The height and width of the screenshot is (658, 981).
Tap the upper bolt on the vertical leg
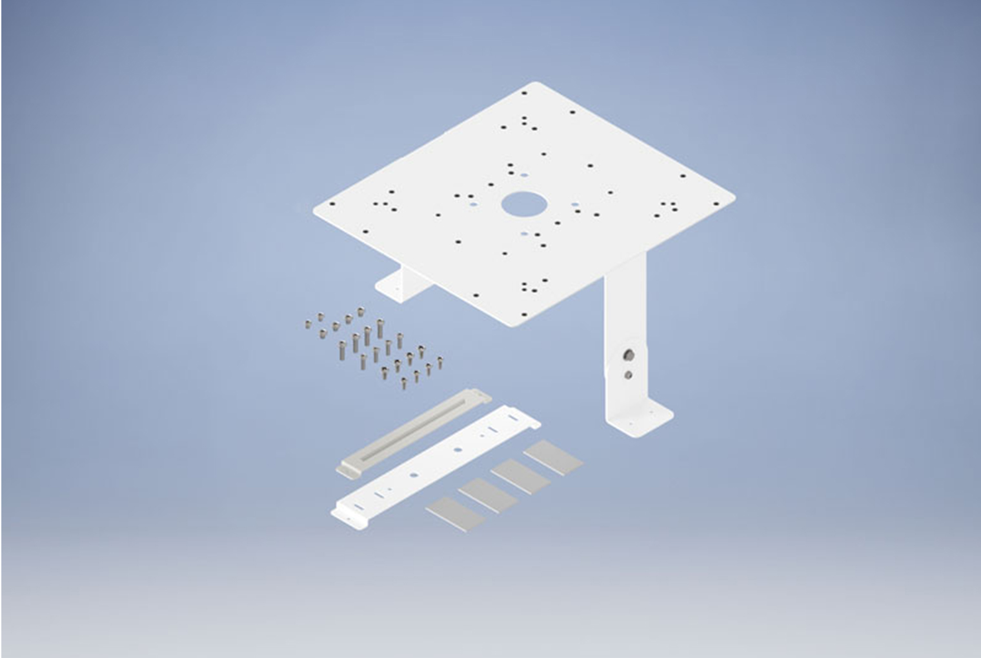coord(628,355)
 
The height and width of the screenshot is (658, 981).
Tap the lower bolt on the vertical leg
coord(628,374)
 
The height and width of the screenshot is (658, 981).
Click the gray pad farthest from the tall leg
coord(455,513)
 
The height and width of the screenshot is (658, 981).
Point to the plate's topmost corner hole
coord(524,93)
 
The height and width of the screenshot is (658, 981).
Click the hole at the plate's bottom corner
coord(523,315)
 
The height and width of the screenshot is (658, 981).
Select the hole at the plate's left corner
coord(332,204)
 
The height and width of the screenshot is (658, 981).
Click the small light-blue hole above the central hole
coord(524,174)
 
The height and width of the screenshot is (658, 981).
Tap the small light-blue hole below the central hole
coord(524,234)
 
